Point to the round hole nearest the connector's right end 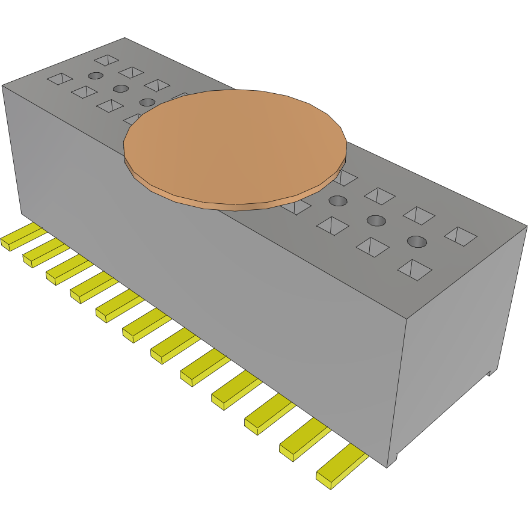(417, 242)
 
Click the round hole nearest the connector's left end (95, 75)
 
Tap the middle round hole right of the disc (376, 220)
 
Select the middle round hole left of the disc (121, 88)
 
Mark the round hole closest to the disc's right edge (338, 200)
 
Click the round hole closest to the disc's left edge (147, 102)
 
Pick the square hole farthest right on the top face (461, 236)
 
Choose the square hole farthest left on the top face (60, 79)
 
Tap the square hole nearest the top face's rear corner (107, 60)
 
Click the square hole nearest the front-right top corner (414, 269)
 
